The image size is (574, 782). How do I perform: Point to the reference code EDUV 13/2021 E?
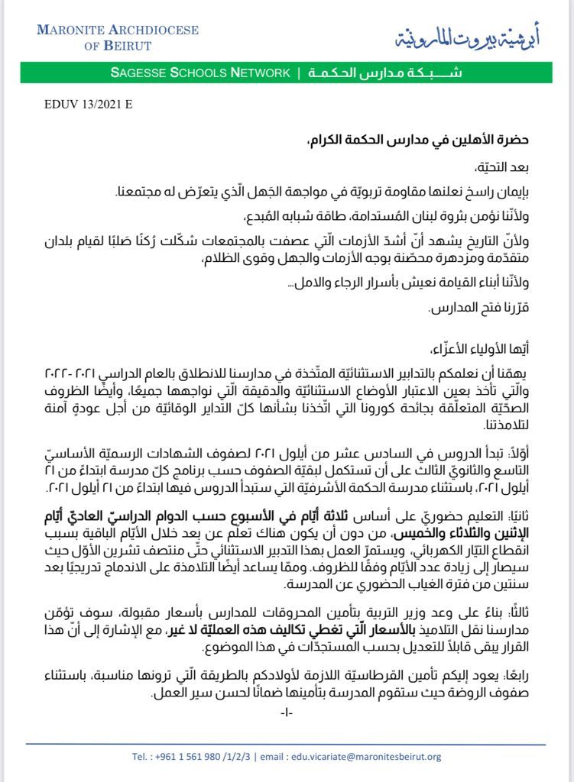[87, 105]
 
